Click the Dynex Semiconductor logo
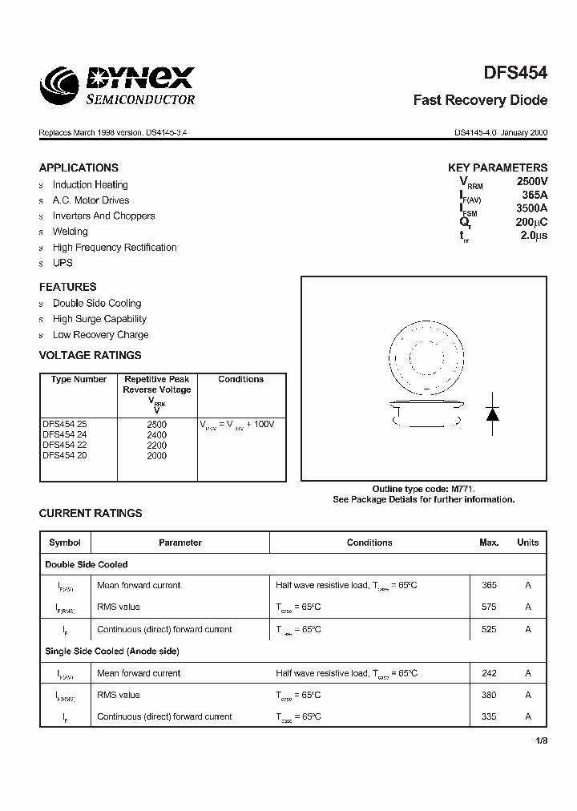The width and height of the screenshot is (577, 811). coord(117,85)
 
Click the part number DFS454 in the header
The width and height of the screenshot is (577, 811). coord(515,73)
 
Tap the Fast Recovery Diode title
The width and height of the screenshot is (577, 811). coord(480,100)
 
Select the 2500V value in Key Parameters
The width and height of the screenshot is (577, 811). coord(531,182)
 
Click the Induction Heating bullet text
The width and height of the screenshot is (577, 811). coord(90,184)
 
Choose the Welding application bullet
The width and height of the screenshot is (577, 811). coord(71,232)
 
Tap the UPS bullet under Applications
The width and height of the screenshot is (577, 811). coord(63,263)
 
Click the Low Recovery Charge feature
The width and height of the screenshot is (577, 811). coord(100,335)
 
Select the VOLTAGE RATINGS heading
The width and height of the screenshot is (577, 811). coord(90,355)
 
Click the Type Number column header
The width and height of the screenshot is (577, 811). coord(79,379)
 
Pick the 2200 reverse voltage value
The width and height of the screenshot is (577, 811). coord(157,445)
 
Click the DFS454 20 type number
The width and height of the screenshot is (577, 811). coord(65,455)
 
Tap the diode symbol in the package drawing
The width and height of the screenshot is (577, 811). coord(493,414)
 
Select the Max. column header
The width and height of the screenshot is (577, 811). coord(489,543)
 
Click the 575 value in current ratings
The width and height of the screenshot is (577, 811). coord(489,607)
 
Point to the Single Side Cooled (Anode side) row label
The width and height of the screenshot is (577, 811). coord(112,652)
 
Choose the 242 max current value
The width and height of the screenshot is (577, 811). coord(489,673)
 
